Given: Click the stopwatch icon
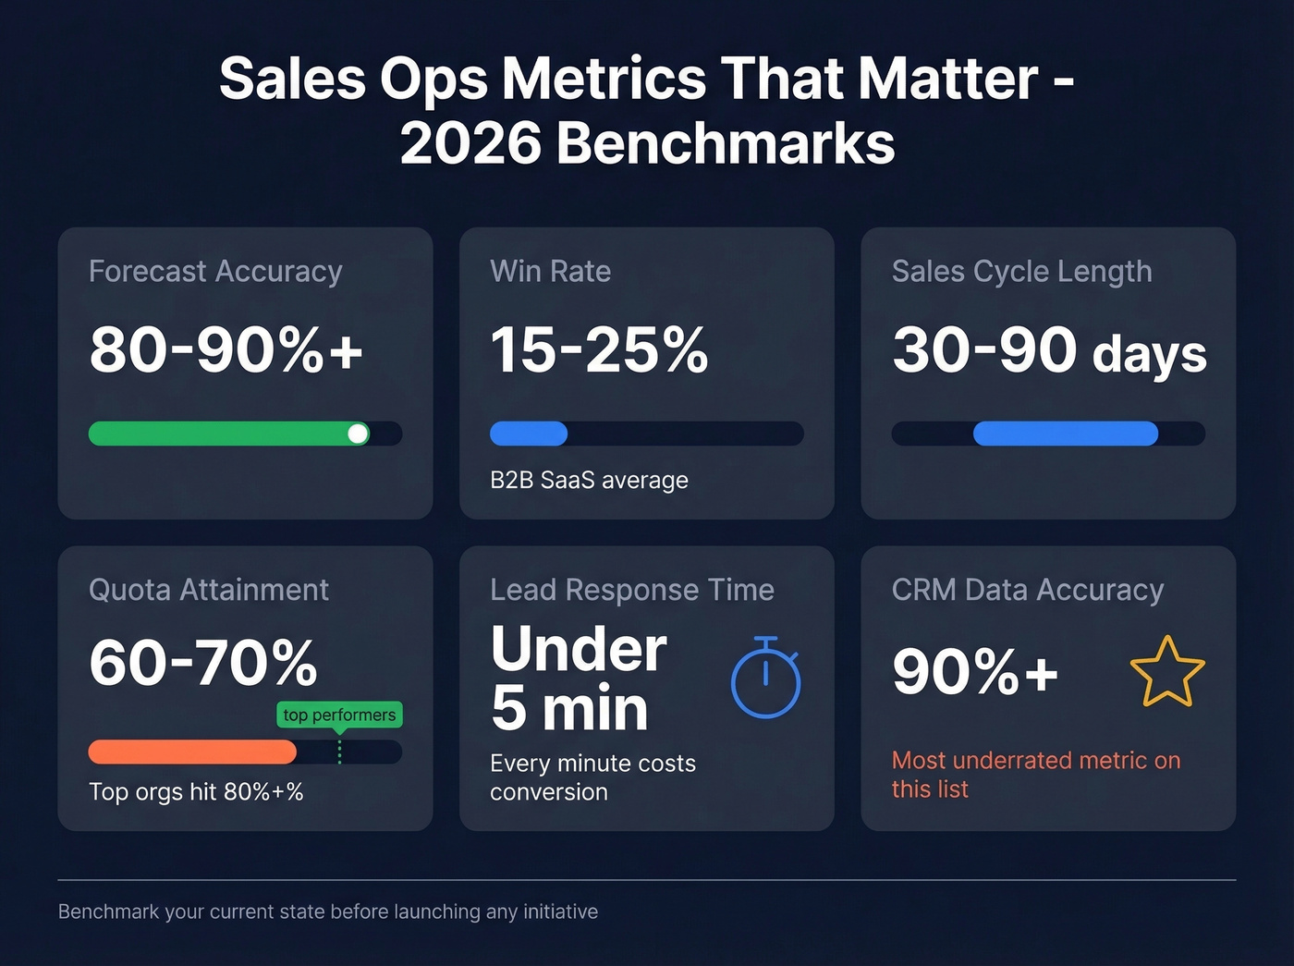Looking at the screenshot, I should pos(765,679).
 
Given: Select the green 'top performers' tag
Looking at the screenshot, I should pos(339,715).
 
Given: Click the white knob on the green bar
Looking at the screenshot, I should pos(358,434).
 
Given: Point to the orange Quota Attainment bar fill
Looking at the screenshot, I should pos(192,752).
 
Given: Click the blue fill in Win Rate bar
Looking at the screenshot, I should pos(529,434).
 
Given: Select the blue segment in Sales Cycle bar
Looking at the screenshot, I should pos(1065,434).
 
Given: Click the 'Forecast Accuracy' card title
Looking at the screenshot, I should pos(215,271).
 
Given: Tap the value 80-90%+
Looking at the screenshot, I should pos(226,350).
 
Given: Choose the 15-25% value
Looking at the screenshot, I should pos(599,350).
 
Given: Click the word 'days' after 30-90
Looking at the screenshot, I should pos(1149,354).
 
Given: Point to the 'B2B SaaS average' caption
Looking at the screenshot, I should pos(589,480).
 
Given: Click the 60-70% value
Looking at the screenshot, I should pos(203,663).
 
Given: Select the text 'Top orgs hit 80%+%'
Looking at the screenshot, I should pos(196,791).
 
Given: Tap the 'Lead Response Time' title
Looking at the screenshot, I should pos(632,590).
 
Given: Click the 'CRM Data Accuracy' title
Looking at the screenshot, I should pos(1027,590).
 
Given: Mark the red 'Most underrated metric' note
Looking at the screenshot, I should pos(1035,774).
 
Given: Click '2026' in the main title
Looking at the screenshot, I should pos(470,144).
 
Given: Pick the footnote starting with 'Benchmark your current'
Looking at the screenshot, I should pos(328,911).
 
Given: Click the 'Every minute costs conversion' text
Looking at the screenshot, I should pos(592,777).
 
